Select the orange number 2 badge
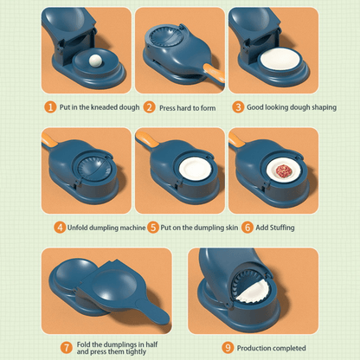point(149,107)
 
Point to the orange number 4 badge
point(60,227)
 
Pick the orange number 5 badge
point(152,227)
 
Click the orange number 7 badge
point(65,347)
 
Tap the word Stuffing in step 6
point(283,227)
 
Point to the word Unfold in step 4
point(82,227)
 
